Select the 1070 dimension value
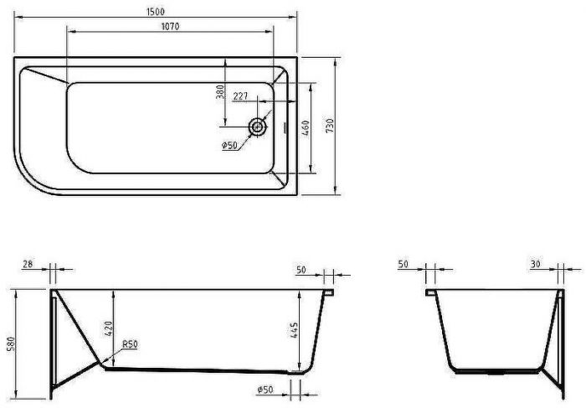coord(168,26)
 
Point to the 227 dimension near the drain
coord(240,96)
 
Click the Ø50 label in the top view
coord(231,146)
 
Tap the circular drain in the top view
coord(258,127)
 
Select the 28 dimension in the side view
coord(28,265)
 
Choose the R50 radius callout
coord(130,344)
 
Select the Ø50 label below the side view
coord(265,390)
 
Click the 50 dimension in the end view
coord(403,265)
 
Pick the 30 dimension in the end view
coord(535,265)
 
